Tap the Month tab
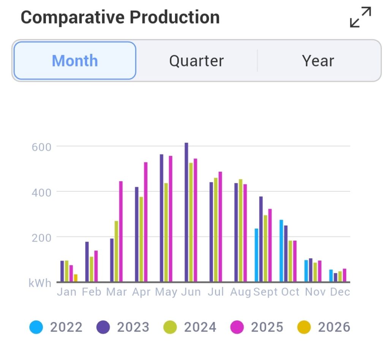click(75, 61)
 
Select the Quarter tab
click(196, 61)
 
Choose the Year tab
click(318, 61)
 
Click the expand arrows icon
click(360, 17)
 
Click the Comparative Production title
click(120, 17)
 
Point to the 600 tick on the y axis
click(41, 147)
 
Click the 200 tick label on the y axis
click(41, 237)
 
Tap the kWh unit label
click(40, 283)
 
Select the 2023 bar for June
click(186, 212)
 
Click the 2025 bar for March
click(121, 231)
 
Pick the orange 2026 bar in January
click(76, 278)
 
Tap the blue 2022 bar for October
click(281, 251)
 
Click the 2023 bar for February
click(87, 262)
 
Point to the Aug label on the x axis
click(240, 292)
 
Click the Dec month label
click(340, 292)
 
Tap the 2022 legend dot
click(36, 327)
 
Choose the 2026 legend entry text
click(334, 327)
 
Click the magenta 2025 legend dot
click(237, 327)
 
